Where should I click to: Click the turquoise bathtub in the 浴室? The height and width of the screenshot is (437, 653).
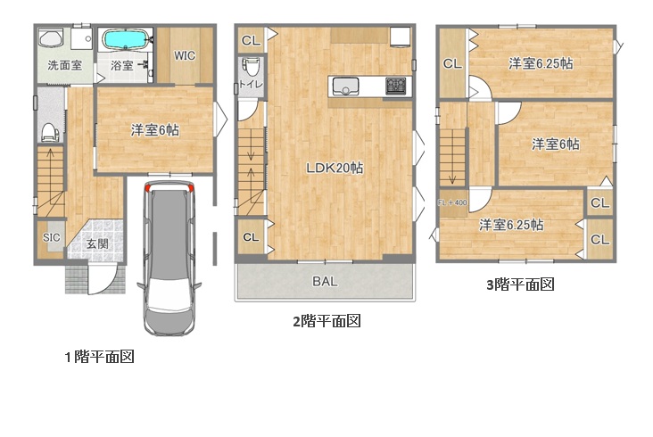tap(126, 40)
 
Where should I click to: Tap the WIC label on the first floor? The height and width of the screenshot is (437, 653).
tap(185, 56)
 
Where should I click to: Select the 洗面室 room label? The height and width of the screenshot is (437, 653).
tap(64, 65)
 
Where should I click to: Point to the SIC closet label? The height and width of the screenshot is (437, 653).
tap(51, 237)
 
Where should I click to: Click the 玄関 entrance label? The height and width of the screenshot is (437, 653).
tap(97, 243)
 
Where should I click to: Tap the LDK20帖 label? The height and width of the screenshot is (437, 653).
tap(335, 168)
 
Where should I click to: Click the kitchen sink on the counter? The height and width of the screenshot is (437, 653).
tap(344, 87)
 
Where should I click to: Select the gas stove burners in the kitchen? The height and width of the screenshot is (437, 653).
tap(395, 86)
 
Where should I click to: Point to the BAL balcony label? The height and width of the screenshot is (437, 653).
tap(325, 281)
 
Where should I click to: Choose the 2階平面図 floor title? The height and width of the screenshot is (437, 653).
tap(326, 321)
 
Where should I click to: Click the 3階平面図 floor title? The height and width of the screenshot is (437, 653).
tap(521, 284)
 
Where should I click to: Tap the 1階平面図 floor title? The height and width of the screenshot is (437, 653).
tap(100, 357)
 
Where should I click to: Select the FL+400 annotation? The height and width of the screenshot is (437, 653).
tap(452, 202)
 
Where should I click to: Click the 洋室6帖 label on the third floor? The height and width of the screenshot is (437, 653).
tap(556, 144)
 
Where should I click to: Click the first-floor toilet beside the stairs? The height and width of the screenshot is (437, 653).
tap(50, 132)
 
